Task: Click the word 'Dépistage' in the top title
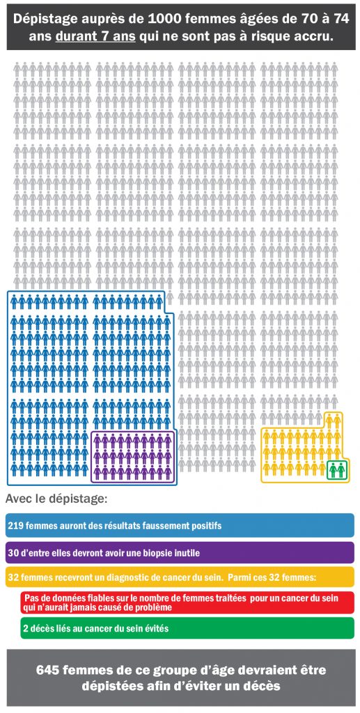[x=45, y=20]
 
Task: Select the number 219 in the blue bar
[x=15, y=526]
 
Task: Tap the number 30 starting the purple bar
[x=13, y=553]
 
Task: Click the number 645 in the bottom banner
[x=48, y=671]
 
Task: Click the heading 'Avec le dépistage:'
[x=56, y=499]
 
